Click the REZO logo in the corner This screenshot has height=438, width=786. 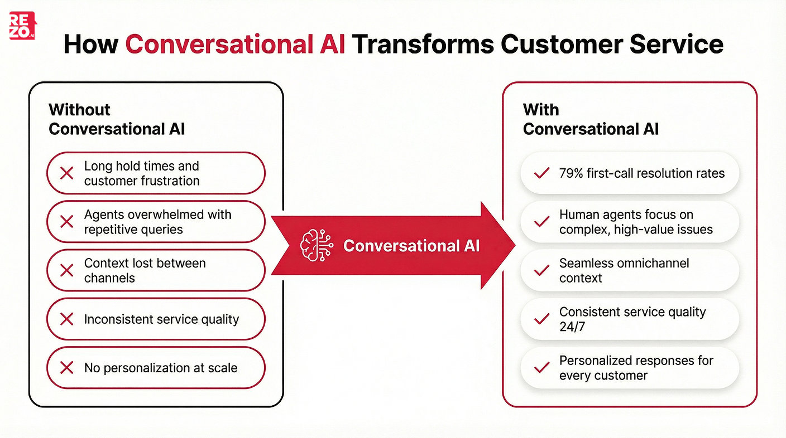(22, 26)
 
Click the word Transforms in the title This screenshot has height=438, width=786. (421, 43)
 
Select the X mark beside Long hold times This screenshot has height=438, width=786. (66, 173)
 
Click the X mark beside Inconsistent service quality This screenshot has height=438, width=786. (66, 319)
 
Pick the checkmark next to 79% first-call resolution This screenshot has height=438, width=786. (541, 173)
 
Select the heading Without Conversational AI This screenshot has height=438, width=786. (116, 119)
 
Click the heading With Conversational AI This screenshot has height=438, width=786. (590, 119)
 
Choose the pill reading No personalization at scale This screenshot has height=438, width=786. (156, 368)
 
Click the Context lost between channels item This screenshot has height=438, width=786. (156, 270)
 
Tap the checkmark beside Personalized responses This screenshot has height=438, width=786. (541, 368)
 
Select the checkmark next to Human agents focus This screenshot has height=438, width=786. (541, 222)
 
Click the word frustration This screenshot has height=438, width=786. (170, 181)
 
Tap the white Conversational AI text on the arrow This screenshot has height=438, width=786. (411, 246)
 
